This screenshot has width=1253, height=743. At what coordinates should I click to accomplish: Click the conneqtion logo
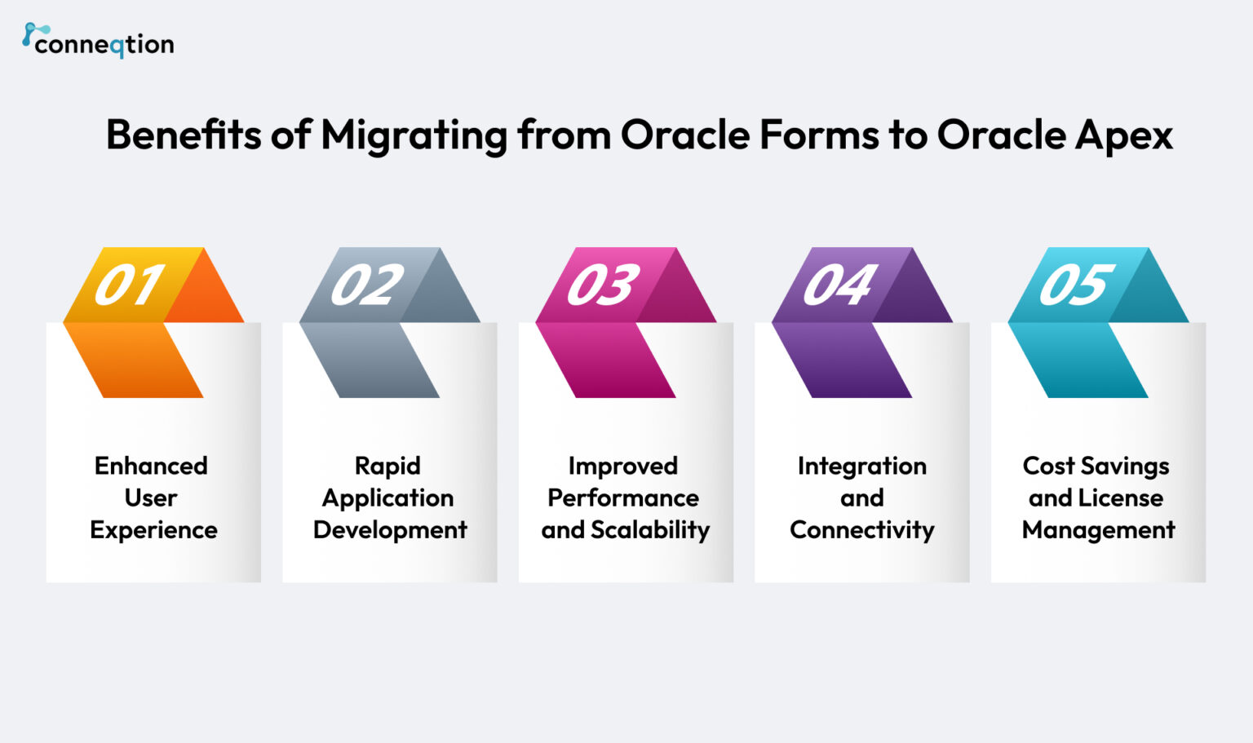pos(98,42)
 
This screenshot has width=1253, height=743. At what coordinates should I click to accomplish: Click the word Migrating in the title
pos(414,135)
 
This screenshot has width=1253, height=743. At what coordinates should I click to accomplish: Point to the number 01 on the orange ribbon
pos(129,285)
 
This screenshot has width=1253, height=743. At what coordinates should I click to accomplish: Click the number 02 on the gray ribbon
pos(366,285)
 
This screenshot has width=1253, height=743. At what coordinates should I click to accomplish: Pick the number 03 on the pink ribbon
pos(602,285)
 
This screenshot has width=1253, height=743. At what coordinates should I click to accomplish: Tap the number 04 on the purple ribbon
pos(839,285)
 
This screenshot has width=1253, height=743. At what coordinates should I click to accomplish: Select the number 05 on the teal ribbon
pos(1074,285)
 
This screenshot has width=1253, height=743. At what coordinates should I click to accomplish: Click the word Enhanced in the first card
pos(151,466)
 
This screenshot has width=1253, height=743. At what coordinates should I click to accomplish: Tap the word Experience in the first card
pos(153,530)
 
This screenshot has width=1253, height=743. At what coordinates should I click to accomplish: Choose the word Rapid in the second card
pos(387,466)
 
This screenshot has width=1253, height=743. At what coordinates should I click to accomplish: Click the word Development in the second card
pos(390,530)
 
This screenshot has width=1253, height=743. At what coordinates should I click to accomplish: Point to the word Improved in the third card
pos(623,466)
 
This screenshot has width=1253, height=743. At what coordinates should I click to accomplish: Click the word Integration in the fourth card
pos(861,466)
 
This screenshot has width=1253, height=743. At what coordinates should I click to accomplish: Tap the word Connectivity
pos(861,530)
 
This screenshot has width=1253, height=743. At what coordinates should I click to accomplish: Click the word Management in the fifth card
pos(1098,530)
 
